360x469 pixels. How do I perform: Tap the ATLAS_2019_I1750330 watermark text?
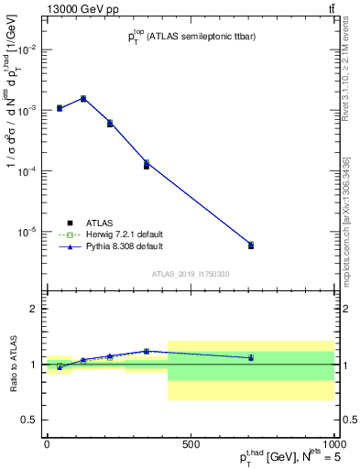coord(190,274)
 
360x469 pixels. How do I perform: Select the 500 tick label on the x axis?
coord(191,444)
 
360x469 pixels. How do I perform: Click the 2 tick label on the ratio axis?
coord(34,309)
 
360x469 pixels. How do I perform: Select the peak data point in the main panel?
coord(83,98)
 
